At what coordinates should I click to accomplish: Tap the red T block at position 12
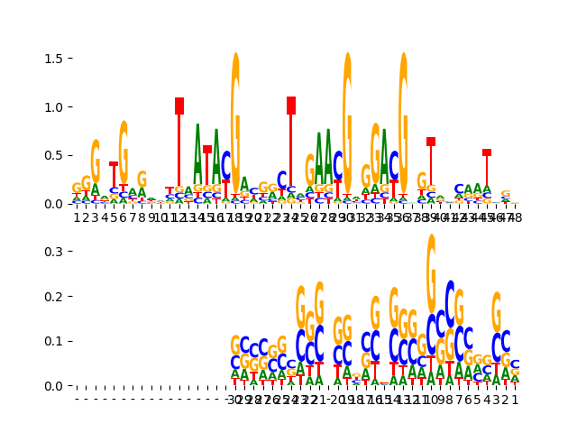[x=179, y=106]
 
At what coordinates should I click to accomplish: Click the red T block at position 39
[x=431, y=142]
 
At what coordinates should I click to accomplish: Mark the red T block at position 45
[x=487, y=152]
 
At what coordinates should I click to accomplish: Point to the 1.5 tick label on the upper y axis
[x=53, y=59]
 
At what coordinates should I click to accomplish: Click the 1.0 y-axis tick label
[x=53, y=107]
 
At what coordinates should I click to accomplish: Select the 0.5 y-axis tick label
[x=53, y=155]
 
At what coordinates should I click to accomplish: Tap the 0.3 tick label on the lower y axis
[x=53, y=251]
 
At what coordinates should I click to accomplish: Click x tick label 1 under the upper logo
[x=77, y=217]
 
